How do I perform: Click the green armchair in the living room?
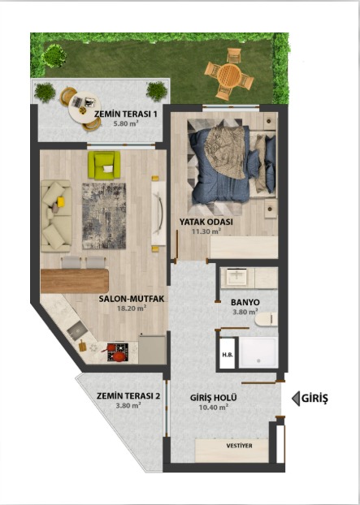[x=104, y=165]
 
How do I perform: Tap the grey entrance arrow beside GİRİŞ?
[x=296, y=399]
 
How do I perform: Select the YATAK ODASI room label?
[x=206, y=222]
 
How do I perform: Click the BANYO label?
[x=245, y=302]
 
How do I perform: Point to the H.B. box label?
[x=228, y=355]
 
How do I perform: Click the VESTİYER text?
[x=239, y=446]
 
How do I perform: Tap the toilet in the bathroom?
[x=267, y=319]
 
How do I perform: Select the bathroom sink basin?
[x=236, y=277]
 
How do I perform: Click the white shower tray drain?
[x=258, y=361]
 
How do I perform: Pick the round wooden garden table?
[x=229, y=76]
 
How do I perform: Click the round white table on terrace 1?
[x=85, y=107]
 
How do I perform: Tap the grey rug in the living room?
[x=104, y=216]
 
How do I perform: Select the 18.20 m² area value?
[x=132, y=309]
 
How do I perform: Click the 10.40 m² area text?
[x=214, y=407]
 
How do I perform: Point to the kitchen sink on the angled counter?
[x=76, y=330]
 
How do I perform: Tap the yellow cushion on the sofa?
[x=61, y=202]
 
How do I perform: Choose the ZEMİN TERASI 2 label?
[x=128, y=396]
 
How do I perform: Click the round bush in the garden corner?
[x=54, y=56]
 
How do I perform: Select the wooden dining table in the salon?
[x=75, y=281]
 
